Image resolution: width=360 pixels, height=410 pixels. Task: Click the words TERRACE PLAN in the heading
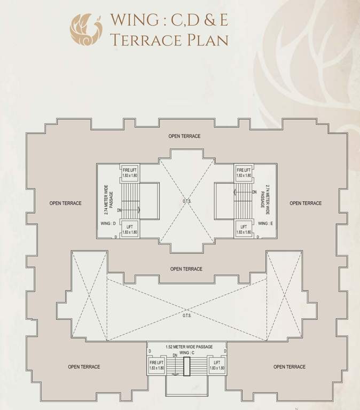[x=169, y=40]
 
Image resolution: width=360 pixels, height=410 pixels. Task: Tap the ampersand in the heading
[x=208, y=19]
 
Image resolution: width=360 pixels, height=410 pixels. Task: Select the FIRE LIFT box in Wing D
[x=130, y=172]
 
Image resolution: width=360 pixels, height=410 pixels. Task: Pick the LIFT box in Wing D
[x=130, y=230]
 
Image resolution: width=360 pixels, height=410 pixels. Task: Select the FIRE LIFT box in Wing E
[x=243, y=172]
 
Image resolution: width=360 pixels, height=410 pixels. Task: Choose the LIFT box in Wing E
[x=243, y=230]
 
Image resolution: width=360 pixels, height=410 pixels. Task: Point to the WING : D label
[x=108, y=223]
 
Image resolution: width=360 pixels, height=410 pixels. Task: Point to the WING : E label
[x=265, y=223]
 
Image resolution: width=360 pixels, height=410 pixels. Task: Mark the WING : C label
[x=186, y=353]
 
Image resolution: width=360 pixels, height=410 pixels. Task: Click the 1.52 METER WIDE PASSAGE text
[x=186, y=346]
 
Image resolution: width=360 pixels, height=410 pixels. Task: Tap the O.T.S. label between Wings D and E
[x=186, y=201]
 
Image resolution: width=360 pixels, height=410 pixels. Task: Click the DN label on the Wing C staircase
[x=175, y=355]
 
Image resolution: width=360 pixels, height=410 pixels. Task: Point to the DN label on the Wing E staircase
[x=254, y=191]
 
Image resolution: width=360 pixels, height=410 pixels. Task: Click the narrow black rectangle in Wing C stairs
[x=186, y=367]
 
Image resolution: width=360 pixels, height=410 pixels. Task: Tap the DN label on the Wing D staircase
[x=119, y=210]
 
